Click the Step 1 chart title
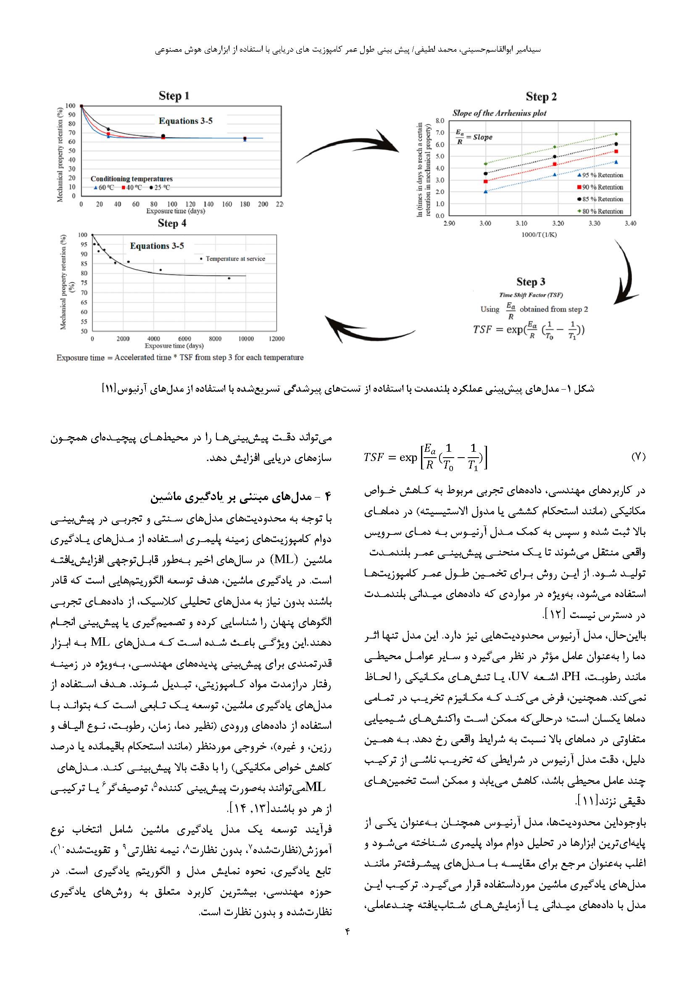pos(174,96)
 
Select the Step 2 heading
pos(541,97)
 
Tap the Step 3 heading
pos(531,282)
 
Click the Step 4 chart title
pos(172,223)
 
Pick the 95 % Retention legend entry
pos(600,175)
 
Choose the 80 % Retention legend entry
pos(600,211)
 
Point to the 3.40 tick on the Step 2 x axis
pos(630,223)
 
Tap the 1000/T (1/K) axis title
pos(539,235)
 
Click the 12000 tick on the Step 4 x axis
pos(276,339)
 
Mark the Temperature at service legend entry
pos(233,259)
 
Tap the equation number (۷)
pos(638,457)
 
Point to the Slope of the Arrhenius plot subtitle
pos(499,113)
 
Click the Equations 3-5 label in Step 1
pos(185,121)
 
